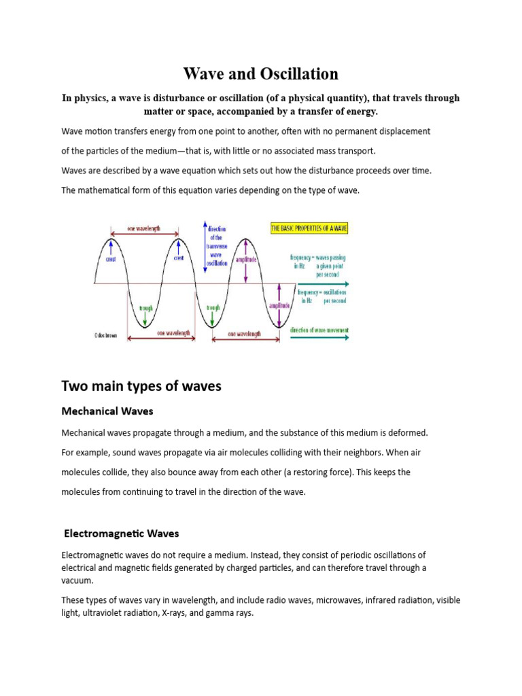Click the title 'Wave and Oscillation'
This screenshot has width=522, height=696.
261,73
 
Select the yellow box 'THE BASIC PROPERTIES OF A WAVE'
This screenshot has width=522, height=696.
309,228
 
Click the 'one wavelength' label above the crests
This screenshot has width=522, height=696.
143,229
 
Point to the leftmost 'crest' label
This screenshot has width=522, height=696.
111,258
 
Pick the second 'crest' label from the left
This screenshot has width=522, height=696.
178,258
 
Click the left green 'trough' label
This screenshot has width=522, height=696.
146,308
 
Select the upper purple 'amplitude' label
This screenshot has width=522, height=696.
246,260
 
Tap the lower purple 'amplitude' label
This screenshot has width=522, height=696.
280,306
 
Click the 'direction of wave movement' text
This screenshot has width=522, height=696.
319,330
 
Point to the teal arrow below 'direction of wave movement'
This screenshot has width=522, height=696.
319,338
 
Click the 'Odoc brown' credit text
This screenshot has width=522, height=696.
106,335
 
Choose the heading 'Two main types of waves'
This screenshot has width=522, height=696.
141,386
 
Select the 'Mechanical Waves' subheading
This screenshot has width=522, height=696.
107,411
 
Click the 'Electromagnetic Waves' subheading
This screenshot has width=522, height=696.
121,534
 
